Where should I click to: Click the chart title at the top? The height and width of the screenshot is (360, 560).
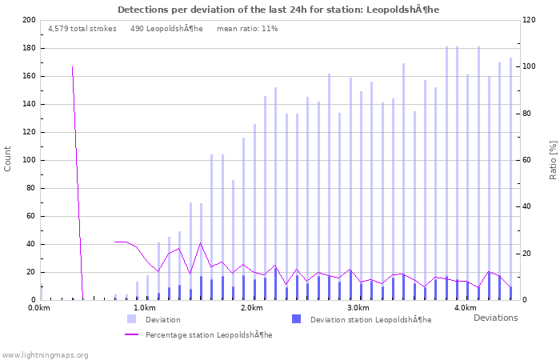278,10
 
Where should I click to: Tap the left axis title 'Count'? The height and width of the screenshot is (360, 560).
8,159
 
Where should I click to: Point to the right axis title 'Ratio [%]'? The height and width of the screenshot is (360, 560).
553,159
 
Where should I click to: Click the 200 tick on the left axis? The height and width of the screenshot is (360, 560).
28,20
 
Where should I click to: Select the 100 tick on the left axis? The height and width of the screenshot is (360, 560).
28,160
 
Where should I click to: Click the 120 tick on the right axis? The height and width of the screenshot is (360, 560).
529,20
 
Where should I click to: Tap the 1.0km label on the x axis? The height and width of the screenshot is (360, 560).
145,308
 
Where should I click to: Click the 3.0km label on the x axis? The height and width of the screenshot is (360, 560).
358,308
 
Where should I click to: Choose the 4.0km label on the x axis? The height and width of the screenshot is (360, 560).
465,308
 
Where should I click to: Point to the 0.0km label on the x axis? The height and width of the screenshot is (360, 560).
39,308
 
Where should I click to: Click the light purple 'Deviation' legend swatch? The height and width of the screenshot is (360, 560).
131,319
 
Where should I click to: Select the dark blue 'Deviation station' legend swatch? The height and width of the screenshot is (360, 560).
296,319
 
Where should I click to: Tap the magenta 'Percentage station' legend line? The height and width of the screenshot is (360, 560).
131,334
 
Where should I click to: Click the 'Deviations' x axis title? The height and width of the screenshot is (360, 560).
495,318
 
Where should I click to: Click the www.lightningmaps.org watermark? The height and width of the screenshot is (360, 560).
45,354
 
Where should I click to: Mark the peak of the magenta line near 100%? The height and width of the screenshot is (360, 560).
72,67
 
